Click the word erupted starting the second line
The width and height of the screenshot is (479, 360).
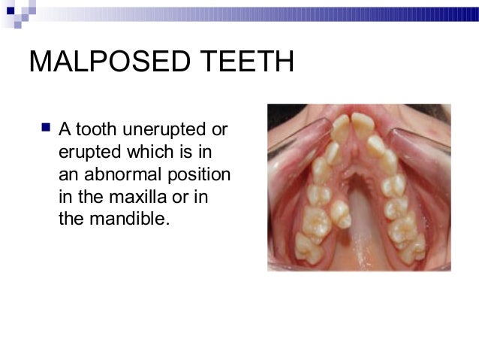coord(82,153)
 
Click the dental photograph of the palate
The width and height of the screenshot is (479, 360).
coord(359,188)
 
